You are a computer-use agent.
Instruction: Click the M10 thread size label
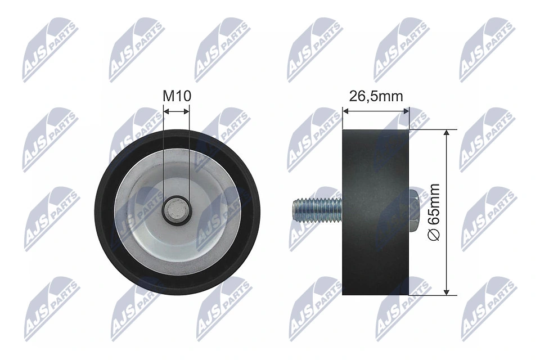pos(177,96)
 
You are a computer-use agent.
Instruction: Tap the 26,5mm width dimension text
pos(376,96)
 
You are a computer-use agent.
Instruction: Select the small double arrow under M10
pos(176,112)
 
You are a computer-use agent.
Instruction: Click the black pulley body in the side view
pos(375,169)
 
